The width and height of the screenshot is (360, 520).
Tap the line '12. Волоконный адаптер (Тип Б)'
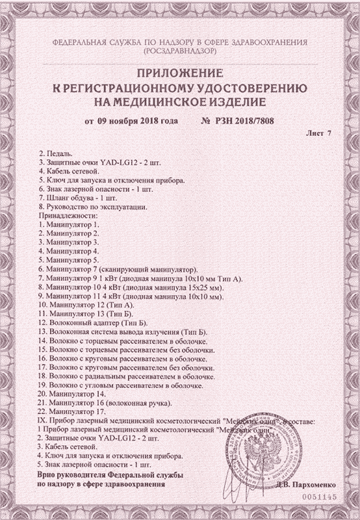pos(94,322)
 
